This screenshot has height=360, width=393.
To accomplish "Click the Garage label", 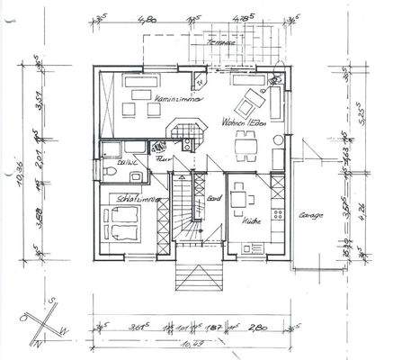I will click(x=311, y=216).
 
